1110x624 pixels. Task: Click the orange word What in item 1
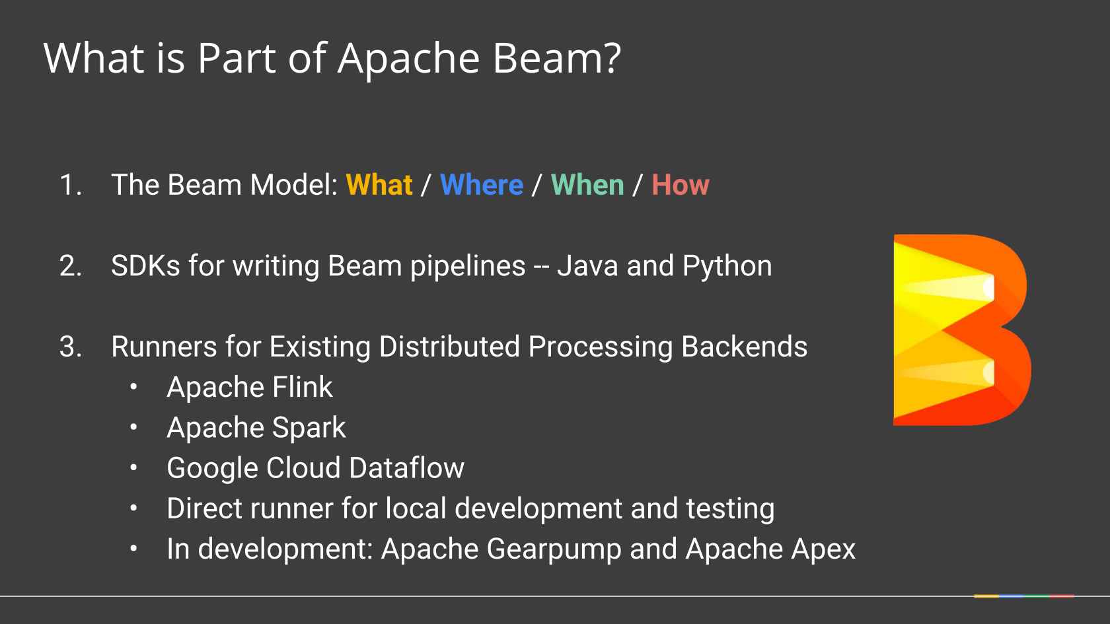click(379, 185)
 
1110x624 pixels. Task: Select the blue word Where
click(482, 185)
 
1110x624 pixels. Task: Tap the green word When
click(588, 185)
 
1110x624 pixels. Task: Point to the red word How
click(681, 185)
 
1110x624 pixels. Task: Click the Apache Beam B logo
click(961, 330)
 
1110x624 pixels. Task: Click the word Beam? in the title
click(556, 58)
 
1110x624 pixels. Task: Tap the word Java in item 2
click(588, 265)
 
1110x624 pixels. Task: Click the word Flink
click(303, 387)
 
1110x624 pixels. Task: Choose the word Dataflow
click(407, 468)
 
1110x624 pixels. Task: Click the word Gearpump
click(554, 550)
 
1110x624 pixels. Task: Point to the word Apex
click(823, 550)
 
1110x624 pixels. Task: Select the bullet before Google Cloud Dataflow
click(133, 468)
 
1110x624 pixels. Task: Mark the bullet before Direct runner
click(133, 508)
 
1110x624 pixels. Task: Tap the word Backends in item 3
click(744, 347)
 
